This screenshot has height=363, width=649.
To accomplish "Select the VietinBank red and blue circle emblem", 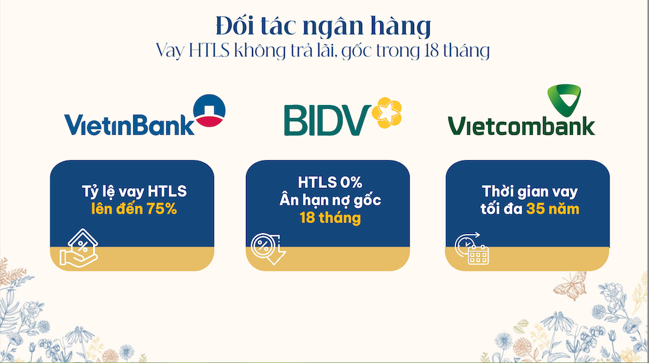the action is click(210, 110).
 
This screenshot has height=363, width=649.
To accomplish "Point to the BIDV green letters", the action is click(327, 120).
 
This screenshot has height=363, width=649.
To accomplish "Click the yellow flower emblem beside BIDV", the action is click(387, 112).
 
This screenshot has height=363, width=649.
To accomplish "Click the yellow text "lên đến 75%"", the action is click(134, 209).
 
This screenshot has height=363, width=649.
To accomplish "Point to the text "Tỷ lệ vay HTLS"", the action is click(134, 191).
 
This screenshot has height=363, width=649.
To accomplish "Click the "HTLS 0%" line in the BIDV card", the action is click(330, 182).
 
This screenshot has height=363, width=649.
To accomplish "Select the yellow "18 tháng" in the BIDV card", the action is click(330, 217).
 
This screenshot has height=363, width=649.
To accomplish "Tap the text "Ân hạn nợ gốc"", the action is click(330, 200).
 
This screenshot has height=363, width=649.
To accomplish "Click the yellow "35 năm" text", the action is click(552, 209).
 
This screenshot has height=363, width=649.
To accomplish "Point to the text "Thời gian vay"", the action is click(530, 191).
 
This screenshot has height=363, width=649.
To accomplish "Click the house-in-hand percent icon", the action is click(79, 248).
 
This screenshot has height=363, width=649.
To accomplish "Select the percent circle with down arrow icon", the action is click(268, 248).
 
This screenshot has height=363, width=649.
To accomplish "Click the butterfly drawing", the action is click(570, 285).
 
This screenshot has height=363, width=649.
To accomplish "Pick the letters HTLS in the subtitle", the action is click(209, 51).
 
